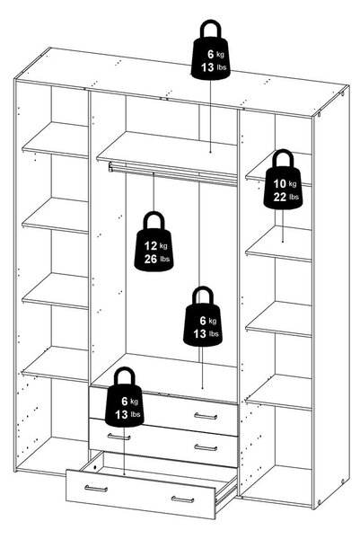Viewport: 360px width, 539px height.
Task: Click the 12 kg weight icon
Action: point(154,242)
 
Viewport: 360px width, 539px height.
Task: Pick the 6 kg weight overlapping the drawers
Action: point(125,397)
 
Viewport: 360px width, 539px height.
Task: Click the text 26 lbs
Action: point(156,259)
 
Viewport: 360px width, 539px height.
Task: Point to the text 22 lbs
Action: point(285,197)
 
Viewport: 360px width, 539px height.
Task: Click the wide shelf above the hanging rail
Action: point(167,154)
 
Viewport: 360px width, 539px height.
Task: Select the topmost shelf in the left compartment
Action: point(55,140)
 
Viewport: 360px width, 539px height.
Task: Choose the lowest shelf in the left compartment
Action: point(55,365)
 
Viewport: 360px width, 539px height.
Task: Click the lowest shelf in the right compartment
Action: point(278,393)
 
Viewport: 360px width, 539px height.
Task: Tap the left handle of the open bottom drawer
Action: point(96,489)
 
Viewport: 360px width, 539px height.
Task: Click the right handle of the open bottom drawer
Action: point(183,499)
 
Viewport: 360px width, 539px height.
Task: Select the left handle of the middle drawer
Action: point(119,437)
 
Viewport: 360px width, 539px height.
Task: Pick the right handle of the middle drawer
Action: point(206,447)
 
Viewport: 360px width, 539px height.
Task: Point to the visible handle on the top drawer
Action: point(206,416)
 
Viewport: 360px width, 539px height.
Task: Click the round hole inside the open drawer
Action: point(94,467)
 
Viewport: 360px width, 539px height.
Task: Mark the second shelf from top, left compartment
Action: point(55,216)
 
